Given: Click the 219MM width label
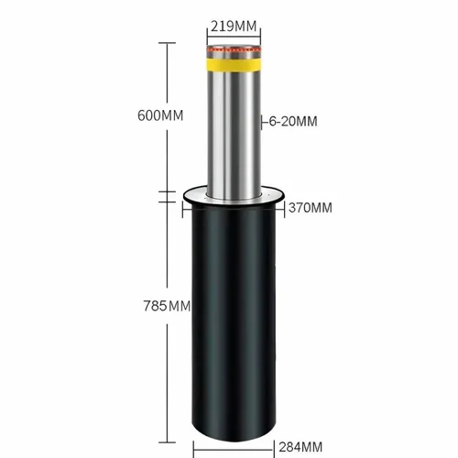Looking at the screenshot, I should [x=233, y=25].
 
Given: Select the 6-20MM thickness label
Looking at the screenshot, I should [x=294, y=120].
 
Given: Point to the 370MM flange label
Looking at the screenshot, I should [x=310, y=208].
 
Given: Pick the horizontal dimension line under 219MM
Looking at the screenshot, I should [x=233, y=35].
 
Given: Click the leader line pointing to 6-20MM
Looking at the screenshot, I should [x=263, y=121].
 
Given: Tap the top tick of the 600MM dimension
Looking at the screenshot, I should [x=168, y=41].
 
